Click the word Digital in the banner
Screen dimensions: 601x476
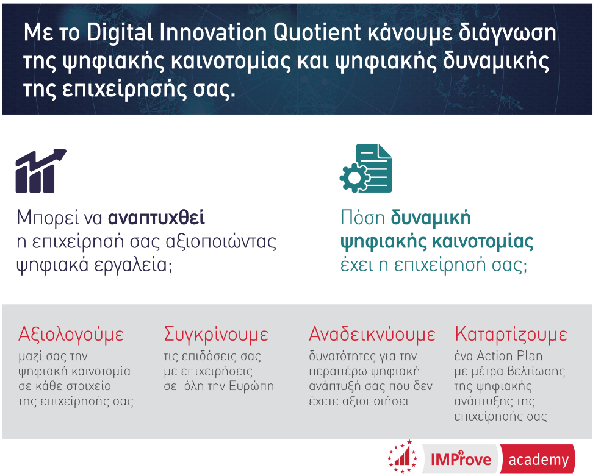point(120,32)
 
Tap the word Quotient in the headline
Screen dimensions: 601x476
point(317,32)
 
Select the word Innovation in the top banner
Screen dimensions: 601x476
point(213,32)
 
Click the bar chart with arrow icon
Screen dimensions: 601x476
point(41,171)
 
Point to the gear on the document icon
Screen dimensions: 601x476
point(354,177)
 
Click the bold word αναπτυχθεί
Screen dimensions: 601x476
point(156,218)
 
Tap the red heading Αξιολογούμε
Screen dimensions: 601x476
point(71,335)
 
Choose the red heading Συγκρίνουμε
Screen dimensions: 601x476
point(216,335)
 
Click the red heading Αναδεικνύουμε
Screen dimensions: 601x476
point(372,335)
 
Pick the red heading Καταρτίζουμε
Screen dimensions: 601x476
point(511,335)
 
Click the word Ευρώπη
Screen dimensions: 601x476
point(251,386)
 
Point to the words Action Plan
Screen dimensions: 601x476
point(509,356)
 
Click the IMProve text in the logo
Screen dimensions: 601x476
point(461,459)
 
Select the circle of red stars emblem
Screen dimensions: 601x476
point(402,456)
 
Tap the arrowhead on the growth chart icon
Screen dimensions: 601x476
point(59,154)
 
